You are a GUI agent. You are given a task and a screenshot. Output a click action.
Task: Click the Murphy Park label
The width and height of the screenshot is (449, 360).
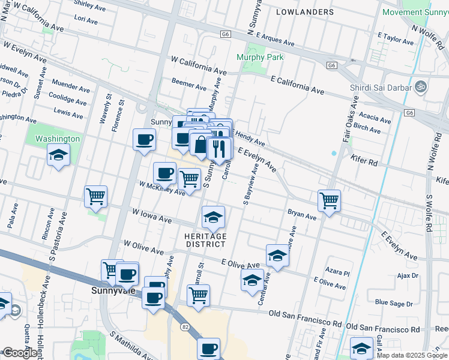260,57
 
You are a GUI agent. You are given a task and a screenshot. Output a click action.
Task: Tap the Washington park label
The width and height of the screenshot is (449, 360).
58,139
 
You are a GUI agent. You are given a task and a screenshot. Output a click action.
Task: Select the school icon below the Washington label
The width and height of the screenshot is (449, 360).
59,156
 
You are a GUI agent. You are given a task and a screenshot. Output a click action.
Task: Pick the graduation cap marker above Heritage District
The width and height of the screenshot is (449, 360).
213,217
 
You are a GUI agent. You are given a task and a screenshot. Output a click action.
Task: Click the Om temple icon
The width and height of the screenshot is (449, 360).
421,87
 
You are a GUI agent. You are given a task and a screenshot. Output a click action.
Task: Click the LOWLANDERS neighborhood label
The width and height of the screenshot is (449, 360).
306,12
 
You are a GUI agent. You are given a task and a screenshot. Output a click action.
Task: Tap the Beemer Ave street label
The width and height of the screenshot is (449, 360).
189,82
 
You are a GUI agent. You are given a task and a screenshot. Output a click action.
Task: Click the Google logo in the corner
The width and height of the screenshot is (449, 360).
20,353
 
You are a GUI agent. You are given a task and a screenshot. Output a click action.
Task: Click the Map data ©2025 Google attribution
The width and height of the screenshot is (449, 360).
412,355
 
